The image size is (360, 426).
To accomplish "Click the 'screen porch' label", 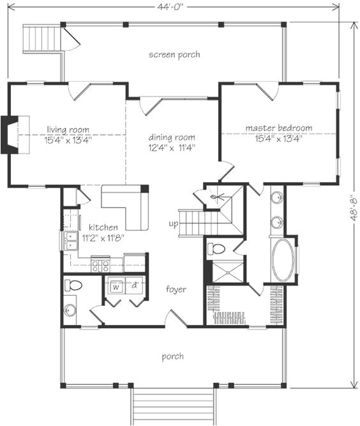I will (x=174, y=55).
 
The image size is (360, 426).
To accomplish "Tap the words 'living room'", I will (x=68, y=130).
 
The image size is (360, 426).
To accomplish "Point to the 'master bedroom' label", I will (x=279, y=128).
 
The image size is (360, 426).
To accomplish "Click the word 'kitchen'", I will (x=102, y=227).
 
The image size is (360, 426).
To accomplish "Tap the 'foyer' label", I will (x=176, y=289).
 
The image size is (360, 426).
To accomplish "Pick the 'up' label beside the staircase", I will (x=174, y=224).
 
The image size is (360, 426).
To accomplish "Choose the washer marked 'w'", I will (x=116, y=287).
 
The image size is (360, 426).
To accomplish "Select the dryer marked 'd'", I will (x=135, y=287).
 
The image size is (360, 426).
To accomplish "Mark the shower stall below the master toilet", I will (x=225, y=271).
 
